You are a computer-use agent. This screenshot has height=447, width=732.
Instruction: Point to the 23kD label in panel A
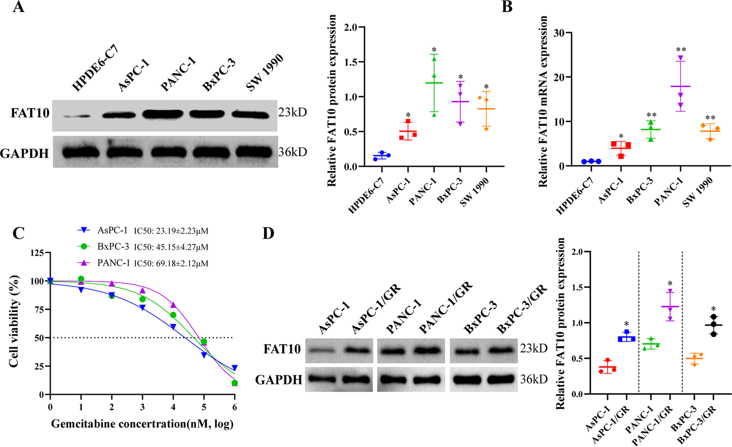click(292, 113)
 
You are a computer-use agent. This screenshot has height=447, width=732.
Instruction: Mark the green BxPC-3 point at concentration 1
click(81, 279)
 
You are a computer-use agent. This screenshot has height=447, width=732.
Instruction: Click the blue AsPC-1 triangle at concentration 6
click(234, 368)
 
